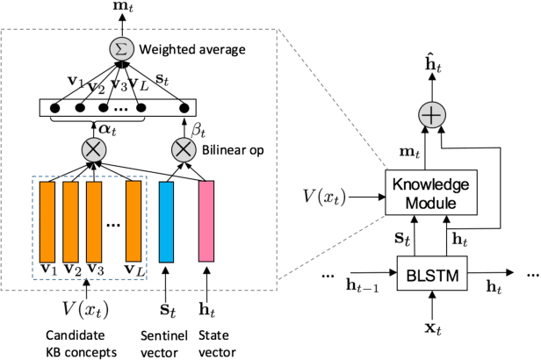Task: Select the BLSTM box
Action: click(431, 274)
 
